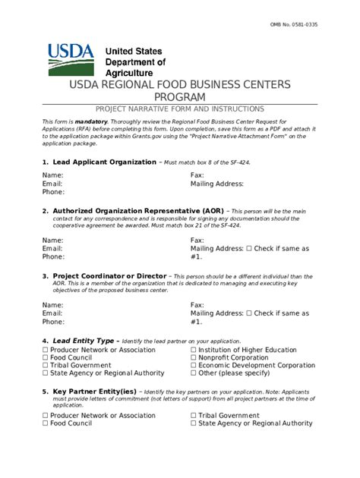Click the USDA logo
(x=71, y=59)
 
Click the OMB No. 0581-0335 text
(x=315, y=25)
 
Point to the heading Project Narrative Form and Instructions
(x=180, y=109)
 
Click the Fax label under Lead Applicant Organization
(x=197, y=175)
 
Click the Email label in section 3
(x=52, y=313)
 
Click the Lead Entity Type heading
(x=83, y=341)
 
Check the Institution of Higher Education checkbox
(x=194, y=349)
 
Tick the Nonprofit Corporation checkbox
(x=194, y=357)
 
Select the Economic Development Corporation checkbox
(x=194, y=365)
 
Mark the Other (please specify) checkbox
(x=194, y=373)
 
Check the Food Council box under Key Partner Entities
(x=46, y=423)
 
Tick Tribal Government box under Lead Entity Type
(x=46, y=365)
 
